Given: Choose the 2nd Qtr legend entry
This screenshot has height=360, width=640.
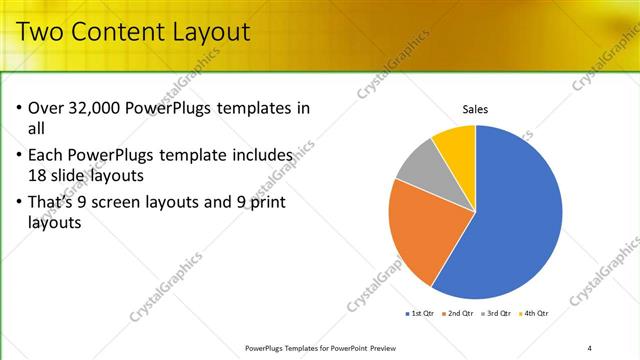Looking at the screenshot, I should pos(458,314).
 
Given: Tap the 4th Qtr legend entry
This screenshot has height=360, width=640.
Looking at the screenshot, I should pos(535,314).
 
